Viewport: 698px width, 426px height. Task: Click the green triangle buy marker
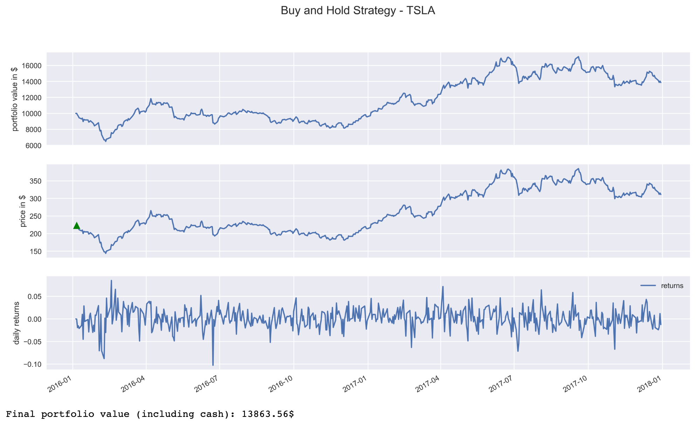coord(76,226)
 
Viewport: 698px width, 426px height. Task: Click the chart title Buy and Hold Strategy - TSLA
coord(358,11)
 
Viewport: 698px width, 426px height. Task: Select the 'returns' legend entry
coord(672,286)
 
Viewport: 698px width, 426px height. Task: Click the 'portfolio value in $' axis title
coord(15,99)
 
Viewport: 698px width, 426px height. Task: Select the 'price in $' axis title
coord(23,211)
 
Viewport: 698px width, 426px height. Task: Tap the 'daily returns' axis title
coord(16,323)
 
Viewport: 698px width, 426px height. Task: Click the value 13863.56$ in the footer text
coord(268,414)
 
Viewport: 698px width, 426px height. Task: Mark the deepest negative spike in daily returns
coord(213,365)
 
